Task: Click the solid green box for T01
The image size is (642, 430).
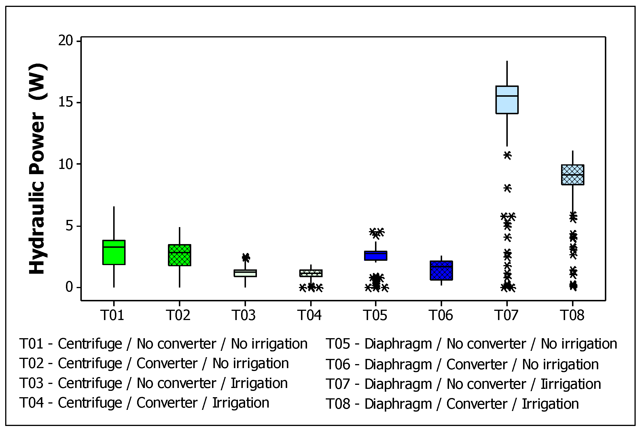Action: [x=114, y=252]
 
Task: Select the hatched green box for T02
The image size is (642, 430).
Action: [x=179, y=255]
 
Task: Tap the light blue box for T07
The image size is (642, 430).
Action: [x=507, y=100]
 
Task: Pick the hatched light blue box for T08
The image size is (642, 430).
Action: [x=573, y=175]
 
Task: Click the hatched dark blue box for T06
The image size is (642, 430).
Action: [x=441, y=271]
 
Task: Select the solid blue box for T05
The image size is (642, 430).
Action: [x=376, y=256]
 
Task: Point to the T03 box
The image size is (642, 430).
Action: [x=245, y=273]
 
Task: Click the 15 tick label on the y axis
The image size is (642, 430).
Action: [x=65, y=102]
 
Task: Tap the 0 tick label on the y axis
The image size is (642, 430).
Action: [x=69, y=287]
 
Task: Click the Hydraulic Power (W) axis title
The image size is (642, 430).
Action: [x=37, y=168]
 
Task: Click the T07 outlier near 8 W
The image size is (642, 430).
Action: [x=507, y=188]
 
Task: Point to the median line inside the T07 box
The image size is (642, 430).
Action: [x=507, y=96]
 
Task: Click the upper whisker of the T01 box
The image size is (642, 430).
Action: [x=114, y=223]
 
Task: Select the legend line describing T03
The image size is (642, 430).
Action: [x=153, y=383]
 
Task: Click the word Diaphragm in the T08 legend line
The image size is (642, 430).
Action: [x=398, y=404]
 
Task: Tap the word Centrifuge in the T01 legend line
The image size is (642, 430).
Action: [x=90, y=344]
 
